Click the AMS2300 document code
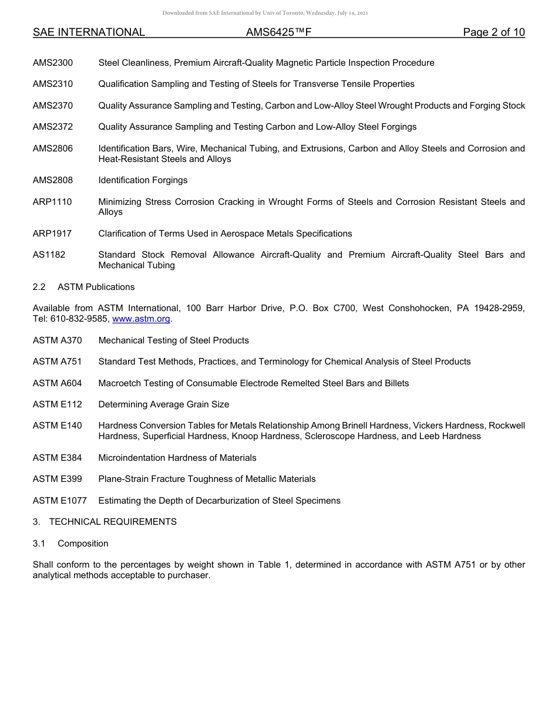tap(53, 63)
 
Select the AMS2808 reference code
tap(53, 180)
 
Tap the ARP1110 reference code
tap(52, 202)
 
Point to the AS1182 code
tap(49, 255)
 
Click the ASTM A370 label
tap(58, 340)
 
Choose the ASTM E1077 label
tap(60, 501)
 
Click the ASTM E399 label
tap(58, 479)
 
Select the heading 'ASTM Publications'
tap(96, 287)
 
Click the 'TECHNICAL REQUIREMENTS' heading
tap(113, 522)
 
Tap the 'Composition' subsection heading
tap(83, 544)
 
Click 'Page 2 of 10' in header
tap(493, 32)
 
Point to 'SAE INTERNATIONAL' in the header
tap(89, 32)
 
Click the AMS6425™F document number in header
tap(278, 32)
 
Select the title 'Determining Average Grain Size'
tap(164, 404)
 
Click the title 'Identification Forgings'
tap(143, 180)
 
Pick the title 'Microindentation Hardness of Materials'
tap(177, 458)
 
